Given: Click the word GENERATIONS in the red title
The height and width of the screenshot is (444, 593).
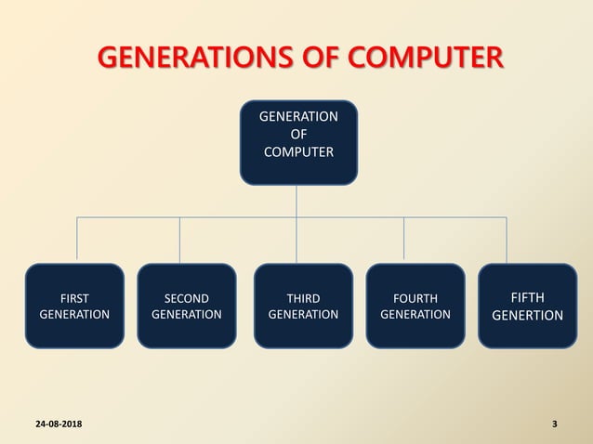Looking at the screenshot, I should click(x=186, y=59).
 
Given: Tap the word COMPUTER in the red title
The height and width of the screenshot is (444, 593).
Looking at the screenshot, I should click(x=423, y=59).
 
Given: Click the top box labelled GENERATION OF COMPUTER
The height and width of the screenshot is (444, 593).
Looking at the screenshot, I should click(x=297, y=142).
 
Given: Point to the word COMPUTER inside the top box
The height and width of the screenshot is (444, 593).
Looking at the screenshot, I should click(x=297, y=152).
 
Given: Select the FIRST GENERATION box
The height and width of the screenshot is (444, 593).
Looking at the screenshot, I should click(x=74, y=306).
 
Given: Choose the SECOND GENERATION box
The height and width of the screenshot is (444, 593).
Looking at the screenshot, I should click(x=186, y=306).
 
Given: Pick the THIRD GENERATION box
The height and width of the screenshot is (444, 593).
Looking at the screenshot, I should click(x=303, y=306).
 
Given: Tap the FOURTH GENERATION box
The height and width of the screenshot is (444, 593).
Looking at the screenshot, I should click(x=415, y=306).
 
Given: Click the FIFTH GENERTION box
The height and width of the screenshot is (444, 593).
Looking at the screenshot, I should click(x=527, y=306).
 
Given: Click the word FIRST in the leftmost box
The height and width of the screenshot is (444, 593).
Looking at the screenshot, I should click(x=74, y=298).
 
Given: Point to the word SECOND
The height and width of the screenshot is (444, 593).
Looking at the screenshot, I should click(x=186, y=298).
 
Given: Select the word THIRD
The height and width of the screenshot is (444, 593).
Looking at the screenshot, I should click(x=303, y=298).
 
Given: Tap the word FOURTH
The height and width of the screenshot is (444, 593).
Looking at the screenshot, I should click(x=415, y=298).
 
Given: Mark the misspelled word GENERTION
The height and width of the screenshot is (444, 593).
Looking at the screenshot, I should click(x=527, y=316).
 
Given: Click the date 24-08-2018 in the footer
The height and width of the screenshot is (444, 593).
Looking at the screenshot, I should click(x=58, y=424).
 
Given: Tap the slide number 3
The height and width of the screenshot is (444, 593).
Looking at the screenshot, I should click(x=555, y=424).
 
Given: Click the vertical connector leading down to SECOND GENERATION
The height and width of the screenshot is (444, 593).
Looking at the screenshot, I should click(x=179, y=240).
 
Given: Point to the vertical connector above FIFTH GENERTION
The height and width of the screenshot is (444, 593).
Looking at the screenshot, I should click(x=507, y=240).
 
